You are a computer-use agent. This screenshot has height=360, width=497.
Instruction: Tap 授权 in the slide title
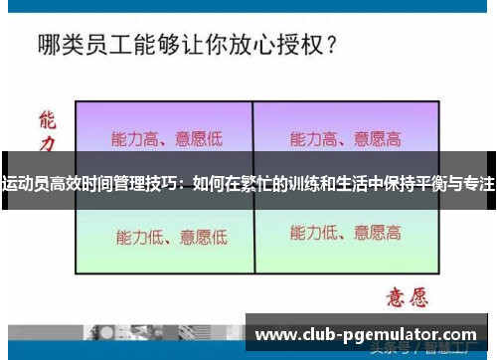(289, 45)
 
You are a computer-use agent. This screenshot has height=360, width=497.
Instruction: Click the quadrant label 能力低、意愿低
(171, 237)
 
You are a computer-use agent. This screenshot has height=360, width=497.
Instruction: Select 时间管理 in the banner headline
(113, 184)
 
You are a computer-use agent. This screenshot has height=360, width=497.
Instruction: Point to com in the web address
(459, 335)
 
